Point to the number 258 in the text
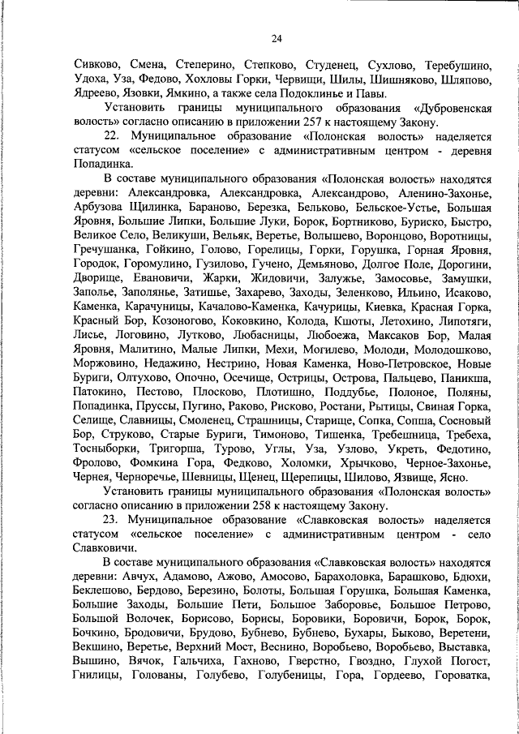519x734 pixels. [x=311, y=505]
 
